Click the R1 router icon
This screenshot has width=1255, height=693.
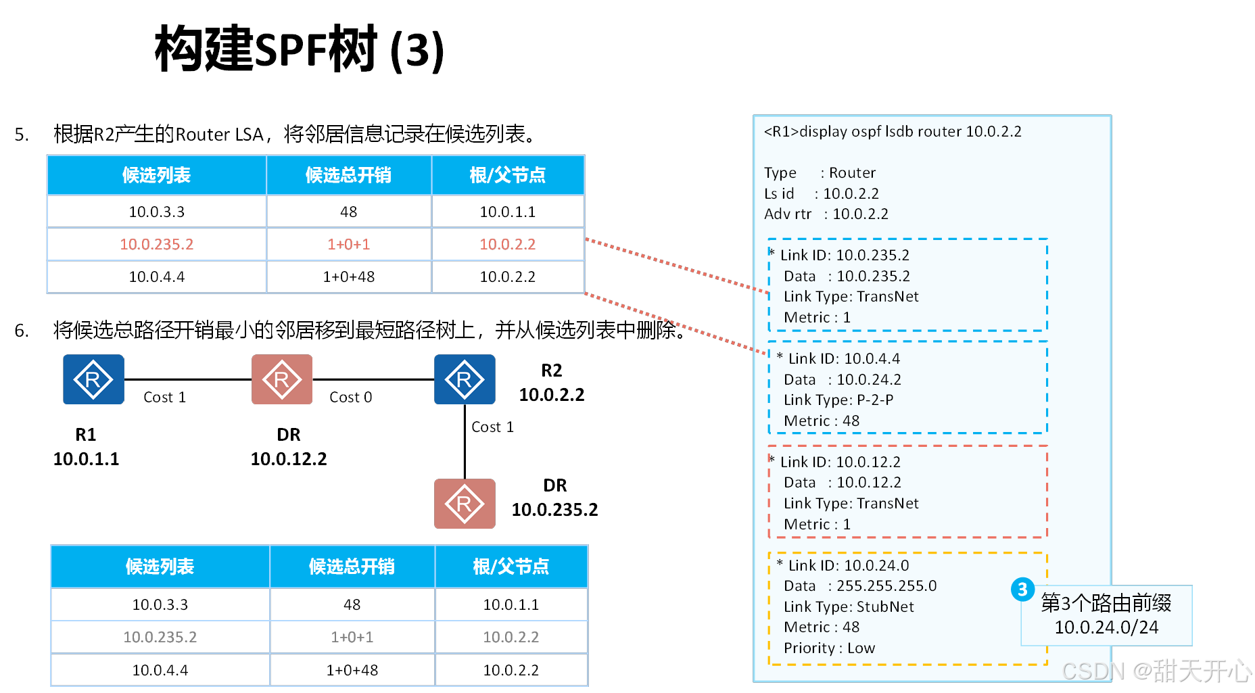[x=93, y=379]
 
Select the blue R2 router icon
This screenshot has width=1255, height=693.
[x=465, y=379]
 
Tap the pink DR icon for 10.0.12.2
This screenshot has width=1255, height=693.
[x=282, y=379]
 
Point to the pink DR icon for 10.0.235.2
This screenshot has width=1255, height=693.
[x=465, y=504]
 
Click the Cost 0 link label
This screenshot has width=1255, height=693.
[x=350, y=398]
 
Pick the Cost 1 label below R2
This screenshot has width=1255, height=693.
[x=492, y=427]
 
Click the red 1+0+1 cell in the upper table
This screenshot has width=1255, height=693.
[x=348, y=244]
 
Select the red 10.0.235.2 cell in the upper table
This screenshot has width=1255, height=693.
[x=156, y=244]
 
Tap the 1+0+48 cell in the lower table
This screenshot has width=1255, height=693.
[x=352, y=670]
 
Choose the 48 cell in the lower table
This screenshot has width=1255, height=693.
[x=352, y=604]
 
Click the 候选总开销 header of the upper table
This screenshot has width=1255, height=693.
[x=348, y=175]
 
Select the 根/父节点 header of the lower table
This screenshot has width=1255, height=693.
[x=511, y=567]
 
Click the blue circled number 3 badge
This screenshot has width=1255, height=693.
[x=1022, y=590]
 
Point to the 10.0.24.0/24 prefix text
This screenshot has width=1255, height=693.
[x=1106, y=627]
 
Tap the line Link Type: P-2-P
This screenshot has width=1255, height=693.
[x=838, y=400]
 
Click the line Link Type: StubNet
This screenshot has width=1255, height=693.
[x=848, y=607]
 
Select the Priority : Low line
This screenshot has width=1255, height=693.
[x=829, y=648]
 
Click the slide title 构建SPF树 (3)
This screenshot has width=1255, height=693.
[x=300, y=49]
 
